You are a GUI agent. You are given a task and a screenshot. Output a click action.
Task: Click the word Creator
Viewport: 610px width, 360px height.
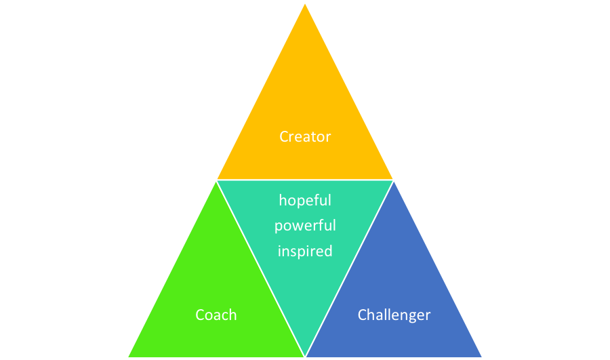305,136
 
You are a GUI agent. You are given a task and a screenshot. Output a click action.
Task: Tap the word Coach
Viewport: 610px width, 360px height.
216,315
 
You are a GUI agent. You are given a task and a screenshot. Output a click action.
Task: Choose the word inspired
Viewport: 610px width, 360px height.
305,252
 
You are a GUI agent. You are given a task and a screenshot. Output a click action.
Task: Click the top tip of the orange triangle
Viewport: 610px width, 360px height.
305,4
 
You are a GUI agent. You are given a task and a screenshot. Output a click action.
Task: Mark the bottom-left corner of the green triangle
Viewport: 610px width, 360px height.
128,357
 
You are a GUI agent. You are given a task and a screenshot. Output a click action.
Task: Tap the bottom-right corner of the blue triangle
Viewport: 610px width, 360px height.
482,357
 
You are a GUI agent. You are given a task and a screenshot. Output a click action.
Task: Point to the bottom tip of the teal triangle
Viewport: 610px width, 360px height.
305,356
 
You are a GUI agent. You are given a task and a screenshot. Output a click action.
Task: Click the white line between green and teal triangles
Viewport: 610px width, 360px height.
261,268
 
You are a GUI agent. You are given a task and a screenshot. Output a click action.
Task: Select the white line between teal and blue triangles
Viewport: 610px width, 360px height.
349,268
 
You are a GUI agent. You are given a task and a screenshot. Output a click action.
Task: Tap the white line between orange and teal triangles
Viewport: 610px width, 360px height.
305,180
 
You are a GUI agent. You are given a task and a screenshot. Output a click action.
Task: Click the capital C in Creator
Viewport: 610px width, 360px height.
284,136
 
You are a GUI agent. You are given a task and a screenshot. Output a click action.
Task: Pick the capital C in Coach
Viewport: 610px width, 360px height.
200,315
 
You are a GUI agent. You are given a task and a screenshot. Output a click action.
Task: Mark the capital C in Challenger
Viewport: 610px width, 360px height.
363,315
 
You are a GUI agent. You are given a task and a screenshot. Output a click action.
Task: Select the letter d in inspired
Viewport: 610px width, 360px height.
328,252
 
